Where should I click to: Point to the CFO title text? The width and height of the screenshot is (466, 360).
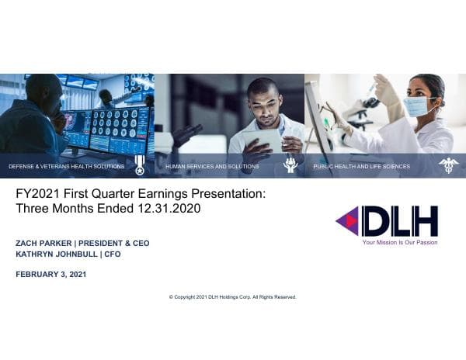point(113,254)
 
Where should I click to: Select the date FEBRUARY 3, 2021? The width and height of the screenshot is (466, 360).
point(50,274)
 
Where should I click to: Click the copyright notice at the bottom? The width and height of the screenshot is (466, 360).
point(232,297)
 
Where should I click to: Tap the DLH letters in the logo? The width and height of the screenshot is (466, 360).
point(399,221)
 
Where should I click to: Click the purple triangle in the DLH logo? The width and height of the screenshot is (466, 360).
point(347,221)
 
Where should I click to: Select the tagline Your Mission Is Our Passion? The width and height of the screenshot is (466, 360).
point(399,242)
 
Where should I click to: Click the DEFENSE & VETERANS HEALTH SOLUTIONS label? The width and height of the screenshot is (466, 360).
point(66,167)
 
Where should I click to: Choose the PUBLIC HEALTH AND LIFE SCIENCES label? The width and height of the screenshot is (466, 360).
point(361,167)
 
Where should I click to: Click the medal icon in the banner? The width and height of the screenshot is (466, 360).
point(140,164)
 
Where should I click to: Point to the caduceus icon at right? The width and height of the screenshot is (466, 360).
point(448,164)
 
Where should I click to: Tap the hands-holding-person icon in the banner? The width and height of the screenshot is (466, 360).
point(290,164)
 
